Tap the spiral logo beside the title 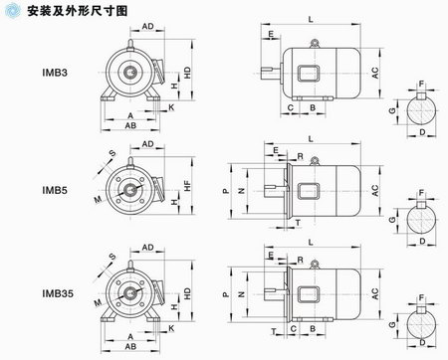[12, 10]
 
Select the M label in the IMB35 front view [98, 299]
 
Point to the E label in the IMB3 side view [271, 34]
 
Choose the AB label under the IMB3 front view [130, 126]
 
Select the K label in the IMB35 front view [170, 327]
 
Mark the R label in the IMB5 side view [300, 156]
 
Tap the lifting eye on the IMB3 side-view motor [315, 42]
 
